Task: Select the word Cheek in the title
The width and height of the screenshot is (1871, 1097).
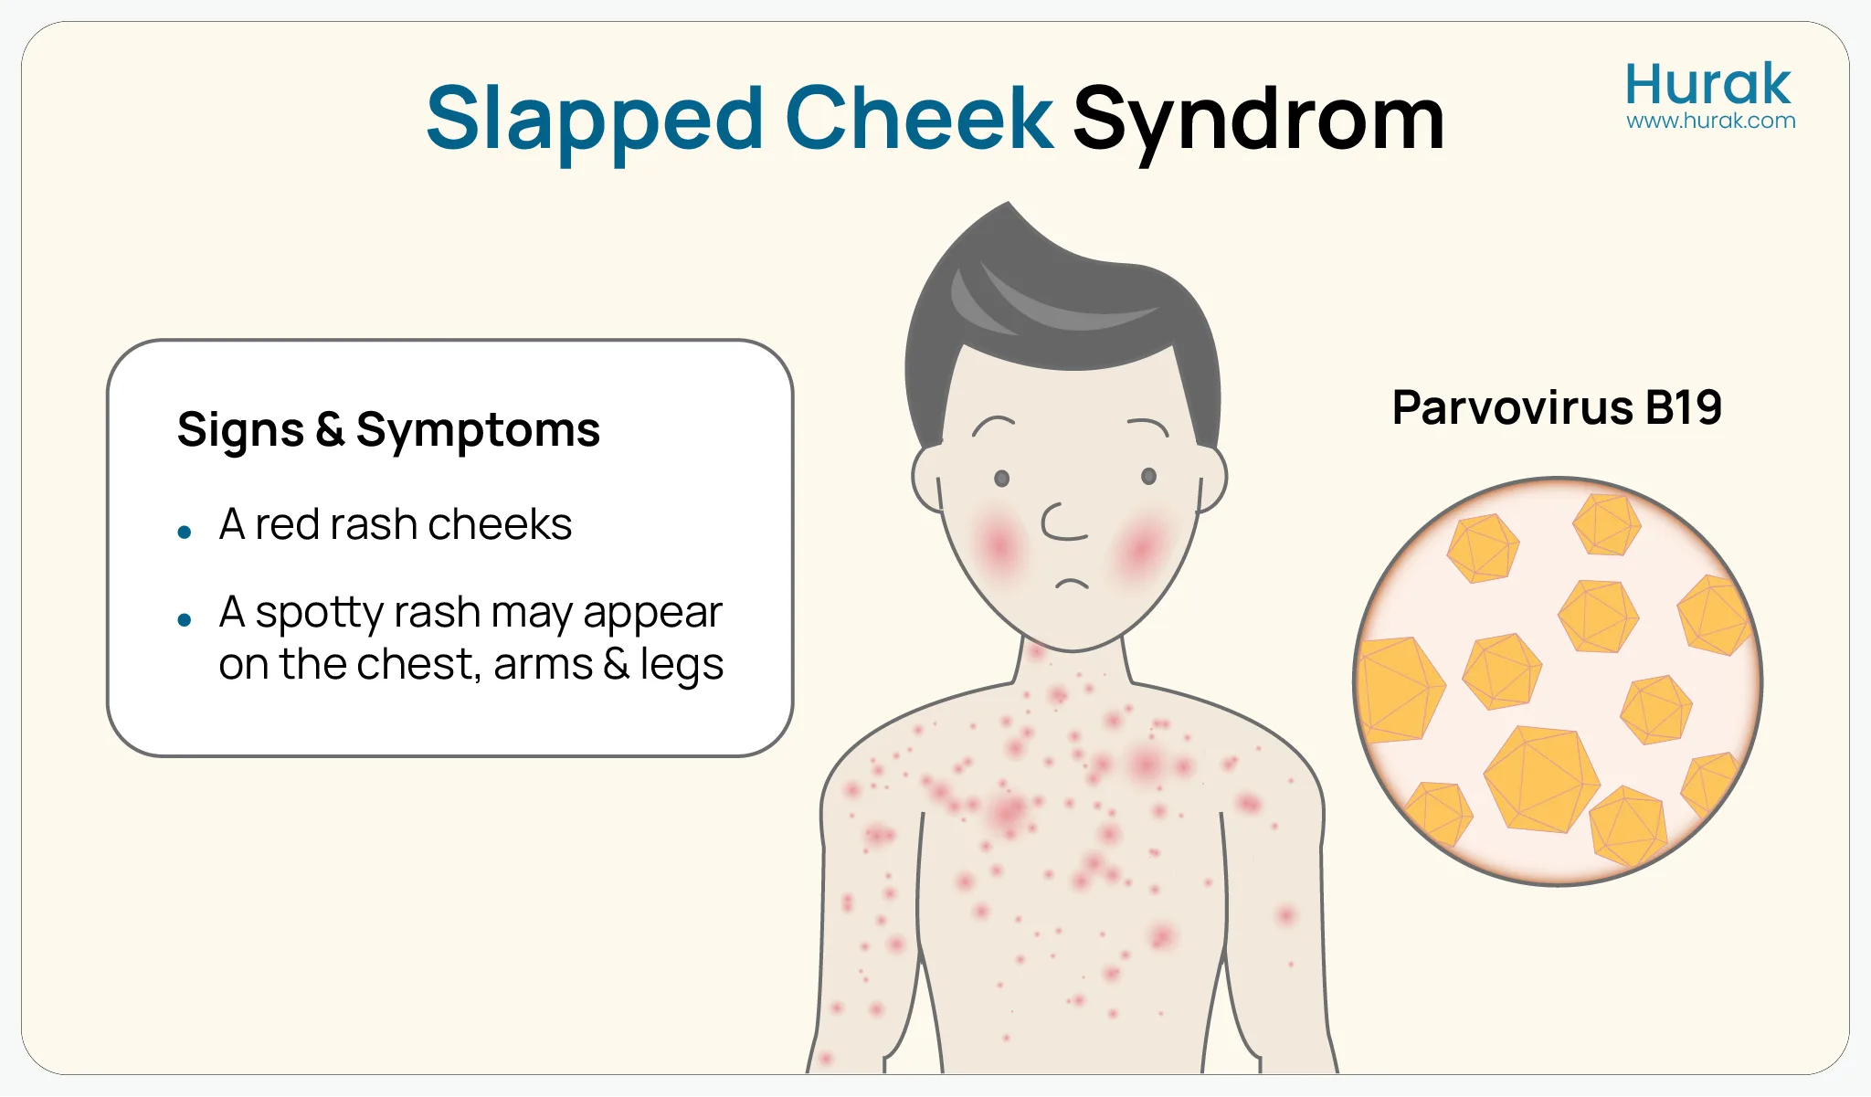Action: click(919, 119)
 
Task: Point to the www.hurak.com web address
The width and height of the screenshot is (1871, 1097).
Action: click(1710, 121)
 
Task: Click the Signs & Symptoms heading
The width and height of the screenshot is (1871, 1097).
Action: click(388, 429)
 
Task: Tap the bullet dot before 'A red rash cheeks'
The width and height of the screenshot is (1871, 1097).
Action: click(185, 532)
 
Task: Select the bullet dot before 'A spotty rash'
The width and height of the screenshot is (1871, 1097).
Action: click(185, 620)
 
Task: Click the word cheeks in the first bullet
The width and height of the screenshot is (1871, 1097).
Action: click(500, 524)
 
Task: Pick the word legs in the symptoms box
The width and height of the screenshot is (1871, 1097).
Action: click(682, 665)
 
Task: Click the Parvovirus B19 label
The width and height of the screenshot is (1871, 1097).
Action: click(1557, 407)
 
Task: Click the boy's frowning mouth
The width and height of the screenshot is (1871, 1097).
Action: click(1073, 583)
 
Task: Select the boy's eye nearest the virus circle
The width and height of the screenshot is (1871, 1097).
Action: click(1149, 476)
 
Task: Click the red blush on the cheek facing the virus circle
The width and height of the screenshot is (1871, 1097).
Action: click(1142, 548)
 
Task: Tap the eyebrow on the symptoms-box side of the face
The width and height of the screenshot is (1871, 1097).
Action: click(993, 424)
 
